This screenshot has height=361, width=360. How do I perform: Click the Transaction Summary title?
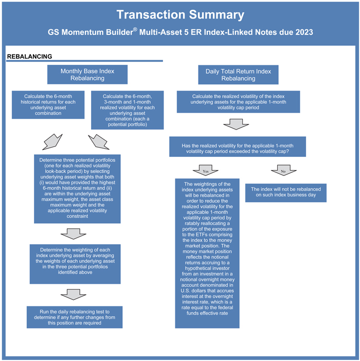[x=180, y=14]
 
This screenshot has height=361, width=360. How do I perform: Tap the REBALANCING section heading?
[x=29, y=56]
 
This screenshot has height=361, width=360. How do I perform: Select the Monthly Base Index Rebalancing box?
[x=87, y=75]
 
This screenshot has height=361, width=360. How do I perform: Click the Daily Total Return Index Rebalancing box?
[x=238, y=75]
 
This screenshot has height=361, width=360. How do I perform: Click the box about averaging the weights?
[x=76, y=264]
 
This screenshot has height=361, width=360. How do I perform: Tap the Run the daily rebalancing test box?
[x=74, y=317]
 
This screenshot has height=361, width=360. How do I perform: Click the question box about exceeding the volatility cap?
[x=238, y=147]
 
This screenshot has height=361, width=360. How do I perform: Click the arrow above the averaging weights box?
[x=74, y=234]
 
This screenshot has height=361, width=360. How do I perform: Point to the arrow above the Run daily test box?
[x=74, y=295]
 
